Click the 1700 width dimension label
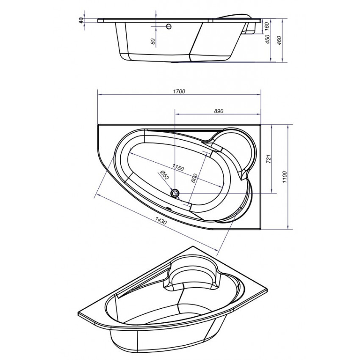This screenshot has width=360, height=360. (x=179, y=91)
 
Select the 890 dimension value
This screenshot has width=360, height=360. (x=219, y=111)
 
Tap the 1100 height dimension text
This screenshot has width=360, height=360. (x=285, y=177)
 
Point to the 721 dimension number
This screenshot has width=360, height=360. (x=269, y=159)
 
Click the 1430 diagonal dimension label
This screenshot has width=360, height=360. (x=161, y=221)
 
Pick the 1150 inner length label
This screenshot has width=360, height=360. (x=178, y=168)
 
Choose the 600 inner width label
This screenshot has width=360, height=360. (x=194, y=178)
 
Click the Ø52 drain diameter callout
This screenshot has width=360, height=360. (x=165, y=175)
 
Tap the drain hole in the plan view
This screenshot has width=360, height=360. (x=175, y=193)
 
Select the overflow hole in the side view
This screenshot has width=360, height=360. (x=169, y=27)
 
